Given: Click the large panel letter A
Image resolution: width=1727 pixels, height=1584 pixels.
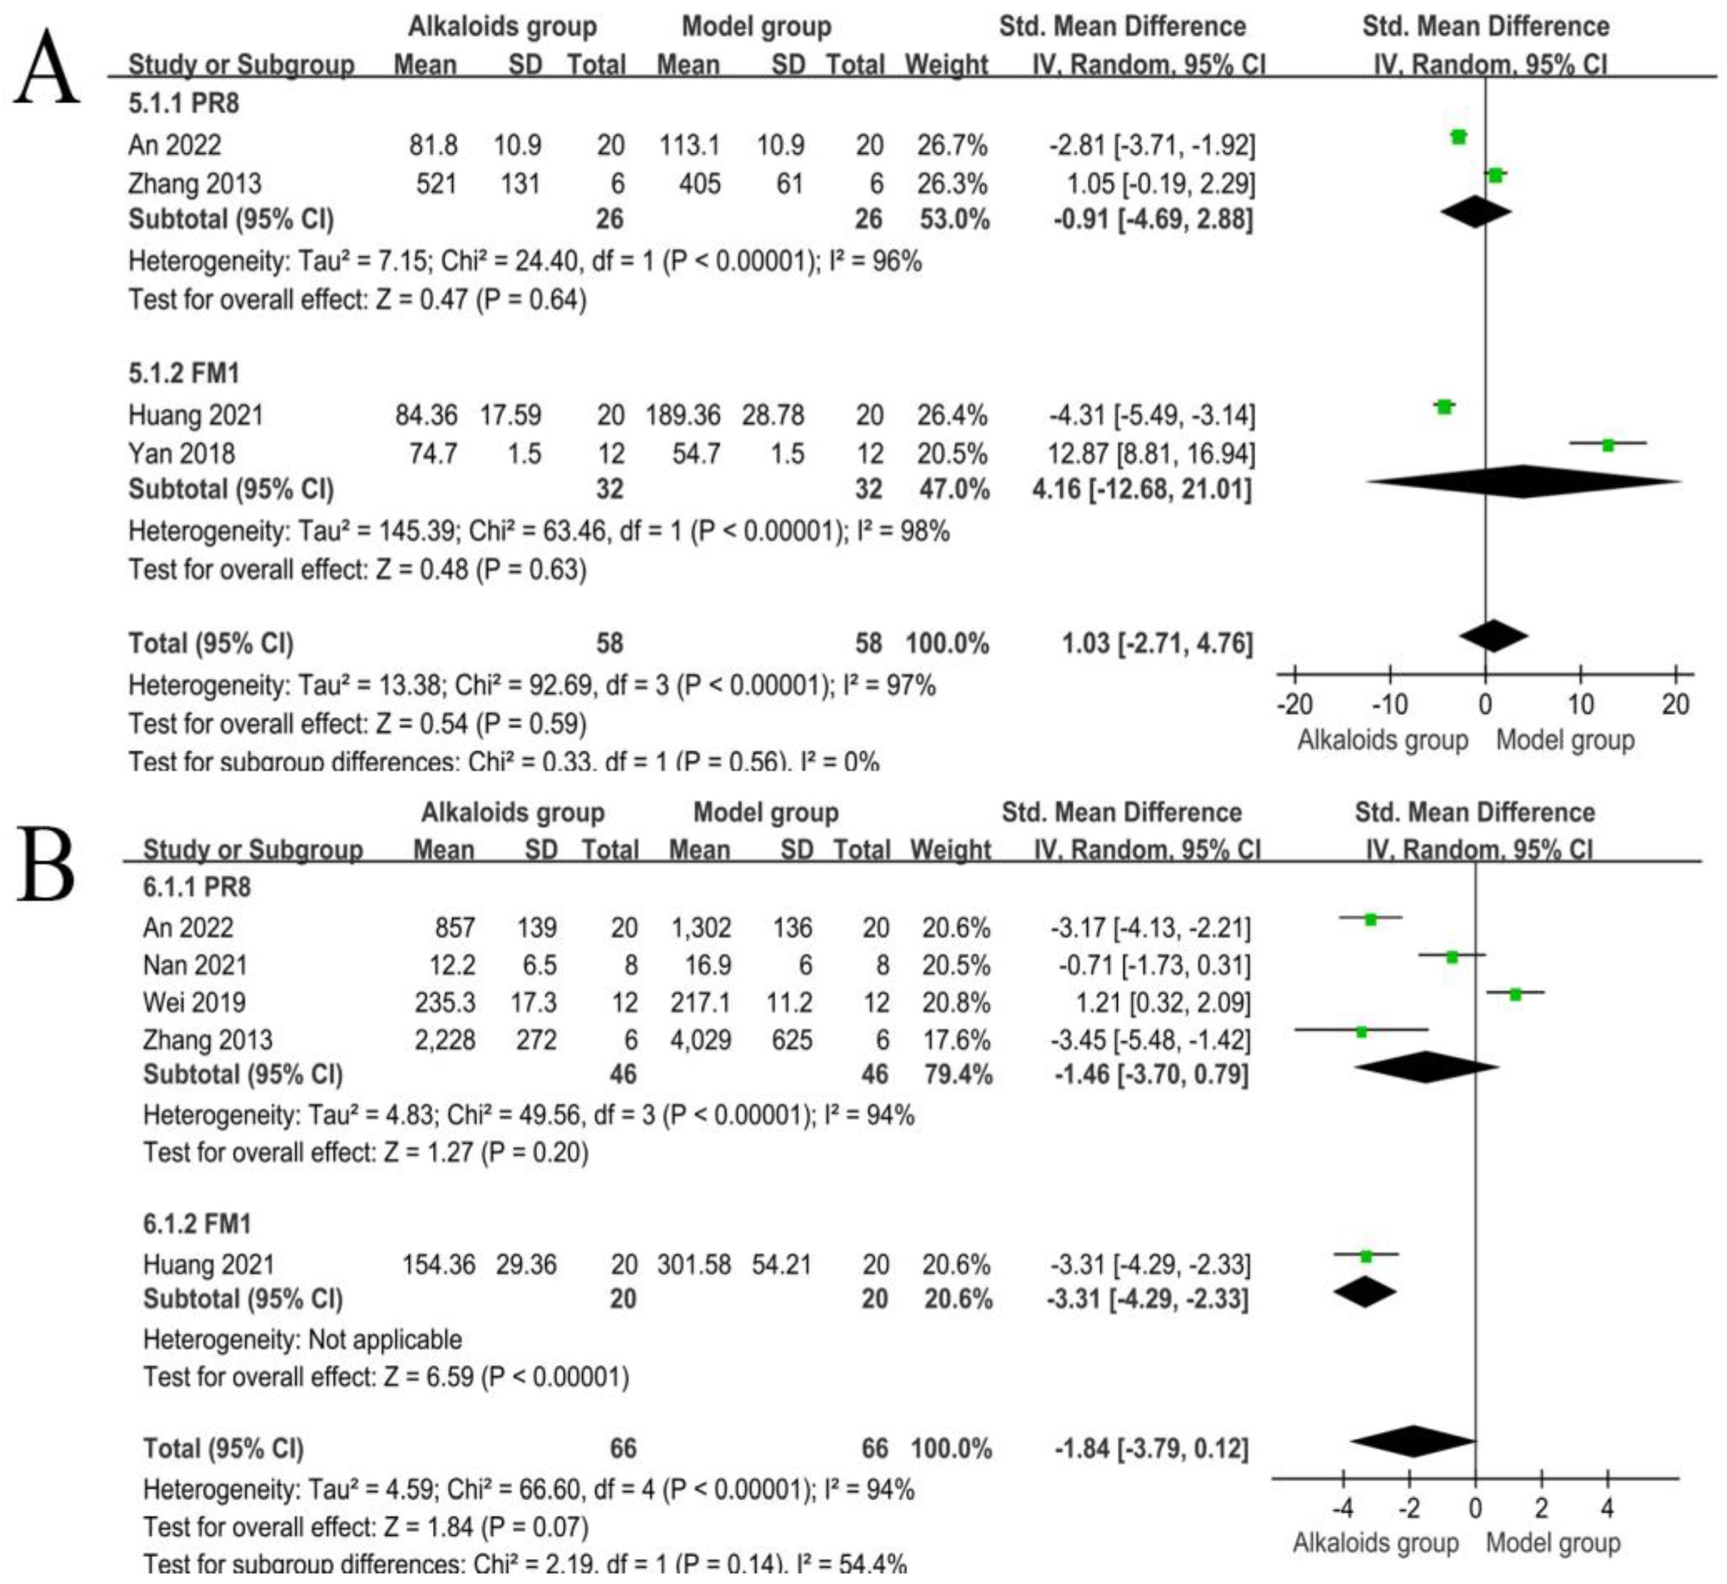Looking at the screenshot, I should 47,67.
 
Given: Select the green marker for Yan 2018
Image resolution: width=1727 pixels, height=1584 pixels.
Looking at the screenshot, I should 1608,445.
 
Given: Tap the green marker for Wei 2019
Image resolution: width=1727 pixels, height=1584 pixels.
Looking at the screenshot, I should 1516,994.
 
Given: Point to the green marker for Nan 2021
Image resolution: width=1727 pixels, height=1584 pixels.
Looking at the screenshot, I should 1452,957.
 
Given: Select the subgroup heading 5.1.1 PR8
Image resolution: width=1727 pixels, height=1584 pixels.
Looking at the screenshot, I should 184,104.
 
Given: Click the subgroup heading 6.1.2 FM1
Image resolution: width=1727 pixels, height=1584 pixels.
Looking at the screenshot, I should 197,1223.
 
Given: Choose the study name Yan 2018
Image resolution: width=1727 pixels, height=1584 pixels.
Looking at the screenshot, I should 181,453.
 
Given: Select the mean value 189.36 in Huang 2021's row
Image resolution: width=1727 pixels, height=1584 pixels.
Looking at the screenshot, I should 683,415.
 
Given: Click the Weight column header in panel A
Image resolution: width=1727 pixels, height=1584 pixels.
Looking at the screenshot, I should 946,64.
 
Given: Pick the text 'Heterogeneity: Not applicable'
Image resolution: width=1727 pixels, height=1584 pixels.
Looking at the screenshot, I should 302,1339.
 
